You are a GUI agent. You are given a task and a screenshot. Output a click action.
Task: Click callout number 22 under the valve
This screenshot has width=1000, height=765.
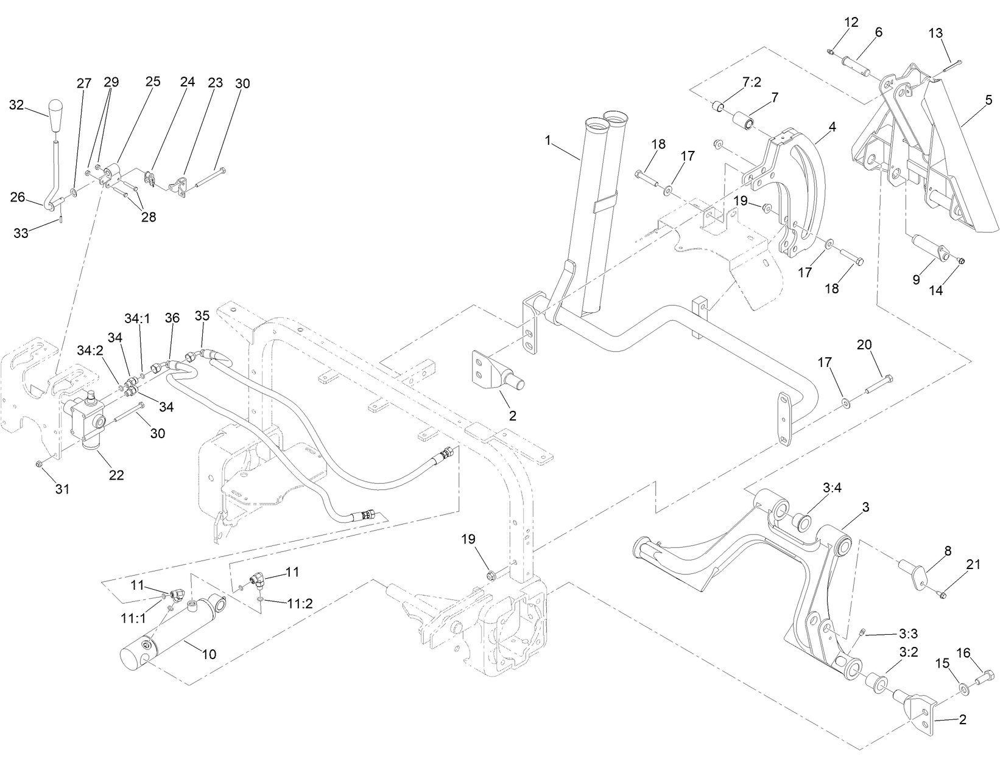tap(116, 475)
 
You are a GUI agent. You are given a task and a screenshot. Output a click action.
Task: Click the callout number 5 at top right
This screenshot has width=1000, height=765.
tap(988, 99)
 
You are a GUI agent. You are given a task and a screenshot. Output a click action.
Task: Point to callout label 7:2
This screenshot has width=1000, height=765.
tap(751, 82)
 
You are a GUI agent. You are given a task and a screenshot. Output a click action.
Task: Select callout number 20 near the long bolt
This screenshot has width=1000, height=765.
tap(864, 345)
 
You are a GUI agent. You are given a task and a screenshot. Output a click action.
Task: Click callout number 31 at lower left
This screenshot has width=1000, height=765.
tap(63, 488)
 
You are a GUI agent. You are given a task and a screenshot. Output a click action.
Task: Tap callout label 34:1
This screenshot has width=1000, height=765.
tap(138, 319)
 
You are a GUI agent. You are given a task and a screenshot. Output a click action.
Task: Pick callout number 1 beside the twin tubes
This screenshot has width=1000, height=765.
tap(548, 141)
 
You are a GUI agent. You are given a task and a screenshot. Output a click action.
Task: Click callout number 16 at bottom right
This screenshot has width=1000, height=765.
tap(963, 653)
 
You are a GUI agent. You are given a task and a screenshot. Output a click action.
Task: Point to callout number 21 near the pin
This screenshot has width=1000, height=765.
tap(973, 565)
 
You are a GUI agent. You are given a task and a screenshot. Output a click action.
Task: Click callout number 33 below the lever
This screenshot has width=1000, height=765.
tap(21, 233)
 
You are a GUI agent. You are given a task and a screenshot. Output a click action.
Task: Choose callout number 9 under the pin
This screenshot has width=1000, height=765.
tap(916, 279)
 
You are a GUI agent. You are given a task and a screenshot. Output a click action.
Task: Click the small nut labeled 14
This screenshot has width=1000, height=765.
tap(961, 261)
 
